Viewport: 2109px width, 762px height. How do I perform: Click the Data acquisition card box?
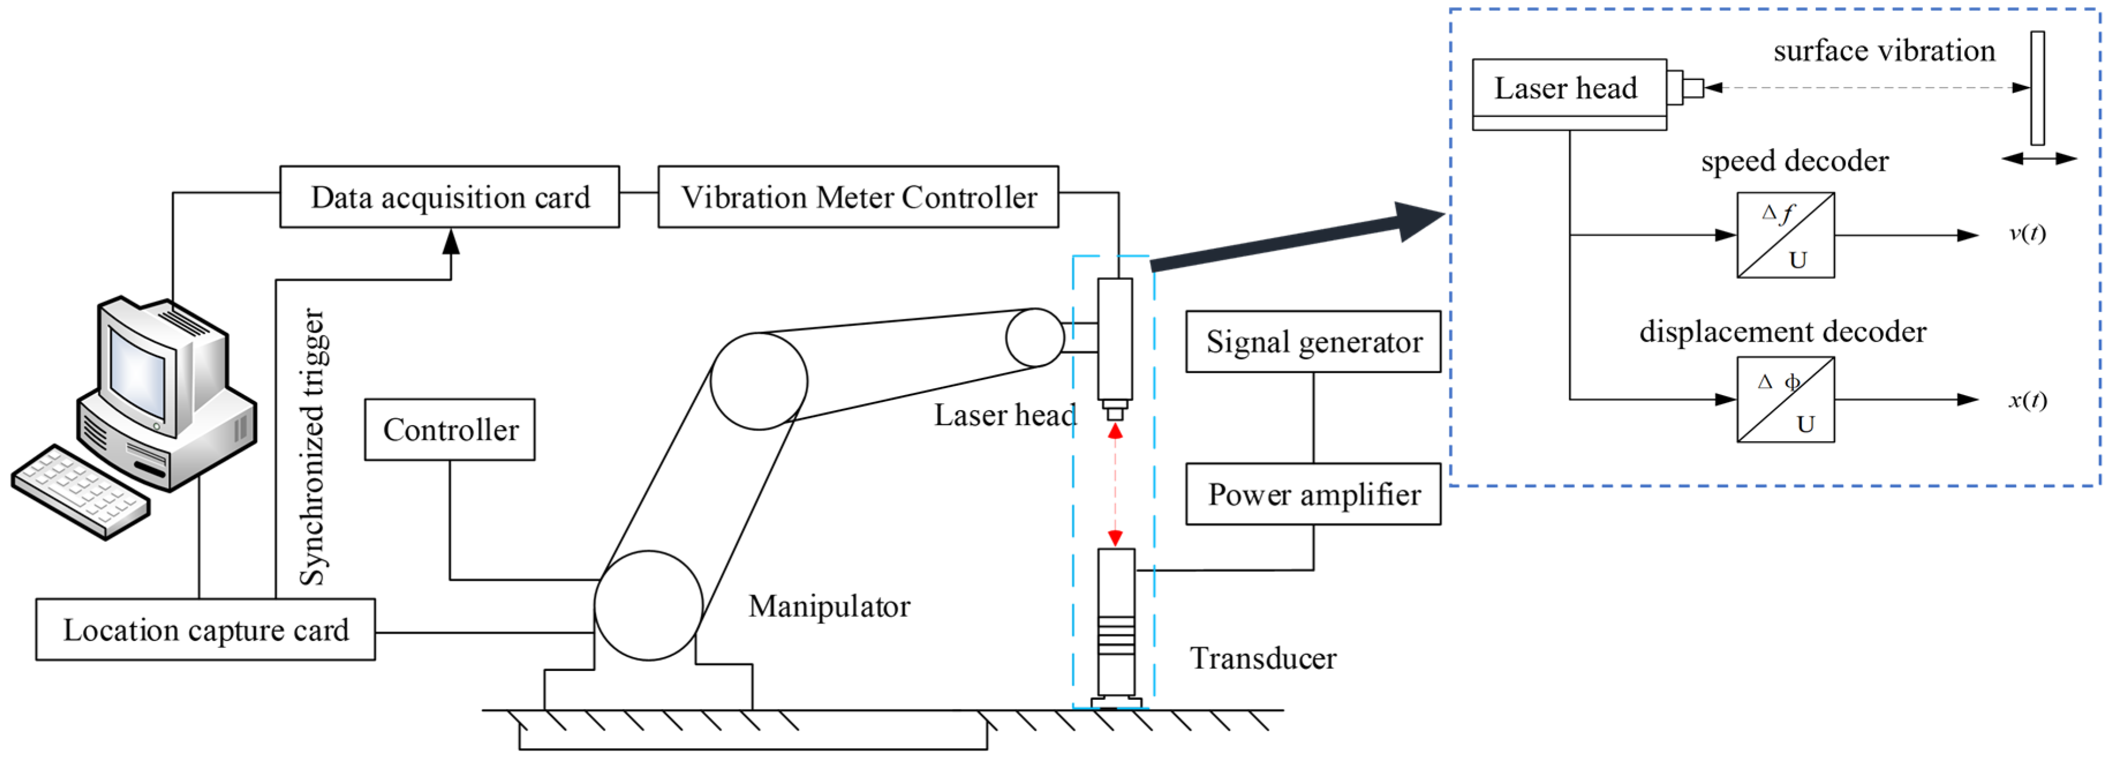tap(449, 197)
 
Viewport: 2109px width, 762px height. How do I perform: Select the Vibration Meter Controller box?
tap(858, 197)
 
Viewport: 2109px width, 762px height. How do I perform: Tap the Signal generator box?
tap(1313, 342)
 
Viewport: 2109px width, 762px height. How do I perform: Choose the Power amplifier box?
tap(1313, 494)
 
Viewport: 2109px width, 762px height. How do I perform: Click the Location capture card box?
tap(206, 630)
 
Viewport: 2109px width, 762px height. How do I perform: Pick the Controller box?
tap(449, 430)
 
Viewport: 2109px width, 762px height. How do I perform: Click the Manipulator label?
tap(829, 606)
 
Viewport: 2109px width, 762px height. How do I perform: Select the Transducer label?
tap(1263, 658)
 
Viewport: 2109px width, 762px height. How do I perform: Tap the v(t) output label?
tap(2027, 234)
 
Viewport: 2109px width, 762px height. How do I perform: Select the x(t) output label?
tap(2027, 400)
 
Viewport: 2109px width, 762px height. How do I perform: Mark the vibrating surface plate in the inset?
tap(2037, 88)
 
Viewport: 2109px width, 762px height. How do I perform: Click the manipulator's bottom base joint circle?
tap(648, 606)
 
